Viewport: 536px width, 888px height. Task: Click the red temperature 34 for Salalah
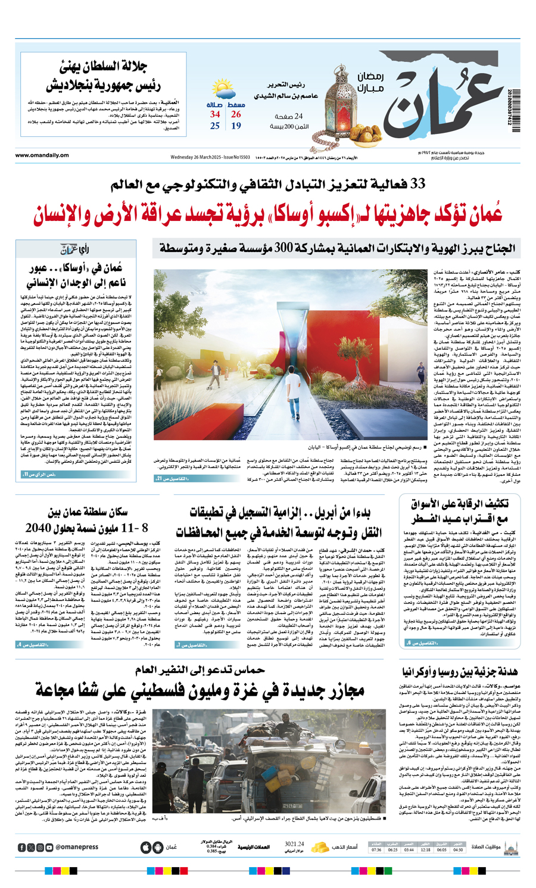tap(215, 114)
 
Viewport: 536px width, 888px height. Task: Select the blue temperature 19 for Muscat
tap(236, 126)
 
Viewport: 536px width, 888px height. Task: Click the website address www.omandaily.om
tap(42, 156)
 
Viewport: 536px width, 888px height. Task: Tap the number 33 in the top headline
tap(416, 185)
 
